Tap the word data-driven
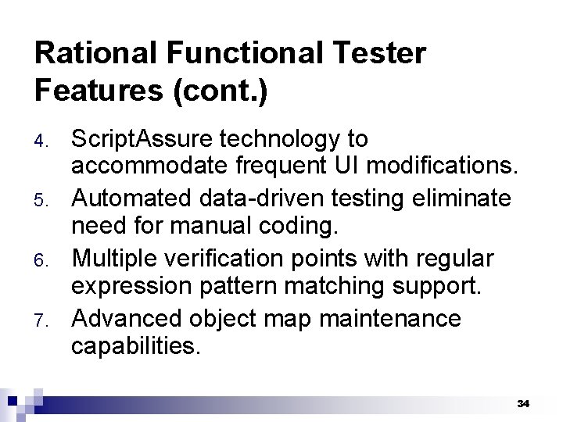(x=257, y=199)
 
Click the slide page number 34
(x=523, y=404)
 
